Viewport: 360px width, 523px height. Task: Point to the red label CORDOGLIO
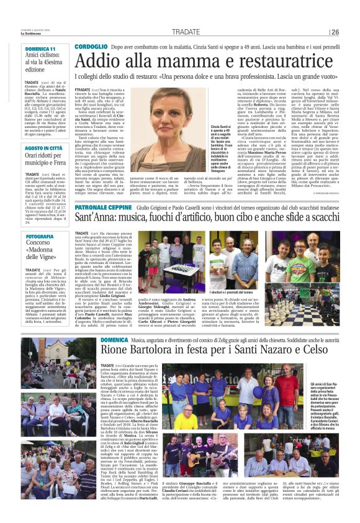93,47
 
